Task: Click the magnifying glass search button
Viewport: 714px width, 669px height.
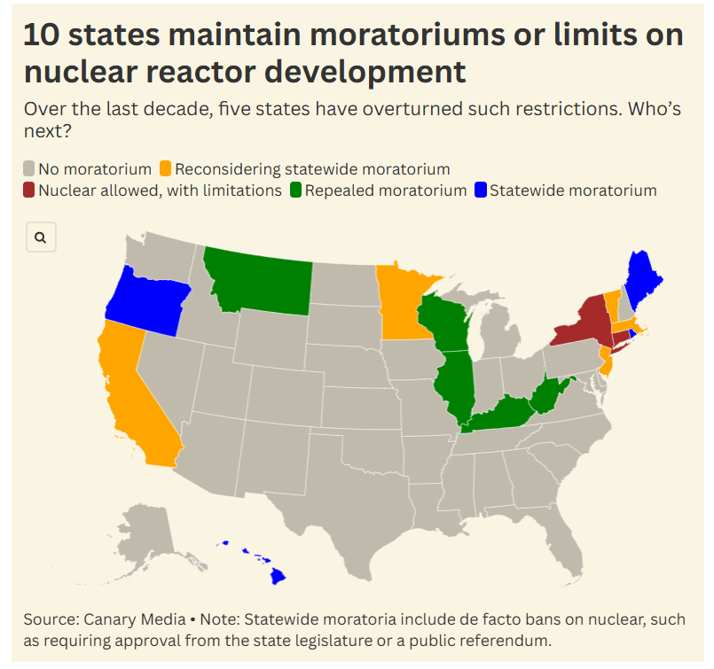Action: pyautogui.click(x=42, y=237)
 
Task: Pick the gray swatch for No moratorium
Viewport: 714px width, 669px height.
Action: pyautogui.click(x=29, y=168)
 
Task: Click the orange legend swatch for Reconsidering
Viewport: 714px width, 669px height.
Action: pyautogui.click(x=165, y=168)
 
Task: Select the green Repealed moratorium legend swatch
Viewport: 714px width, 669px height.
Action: pyautogui.click(x=295, y=190)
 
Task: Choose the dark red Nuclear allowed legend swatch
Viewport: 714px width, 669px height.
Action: pyautogui.click(x=29, y=190)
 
